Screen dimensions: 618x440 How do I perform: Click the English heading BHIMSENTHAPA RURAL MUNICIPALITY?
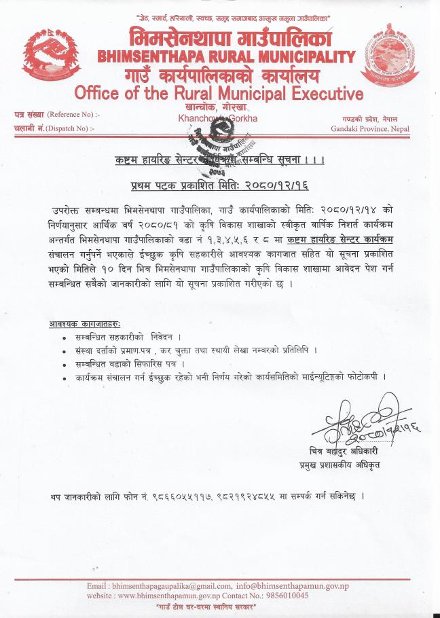pyautogui.click(x=226, y=56)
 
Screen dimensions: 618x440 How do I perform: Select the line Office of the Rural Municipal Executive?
pyautogui.click(x=219, y=92)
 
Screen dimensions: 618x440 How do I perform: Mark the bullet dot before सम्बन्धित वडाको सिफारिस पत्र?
pyautogui.click(x=64, y=363)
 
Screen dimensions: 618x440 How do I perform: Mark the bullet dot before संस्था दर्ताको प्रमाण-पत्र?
pyautogui.click(x=64, y=350)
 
